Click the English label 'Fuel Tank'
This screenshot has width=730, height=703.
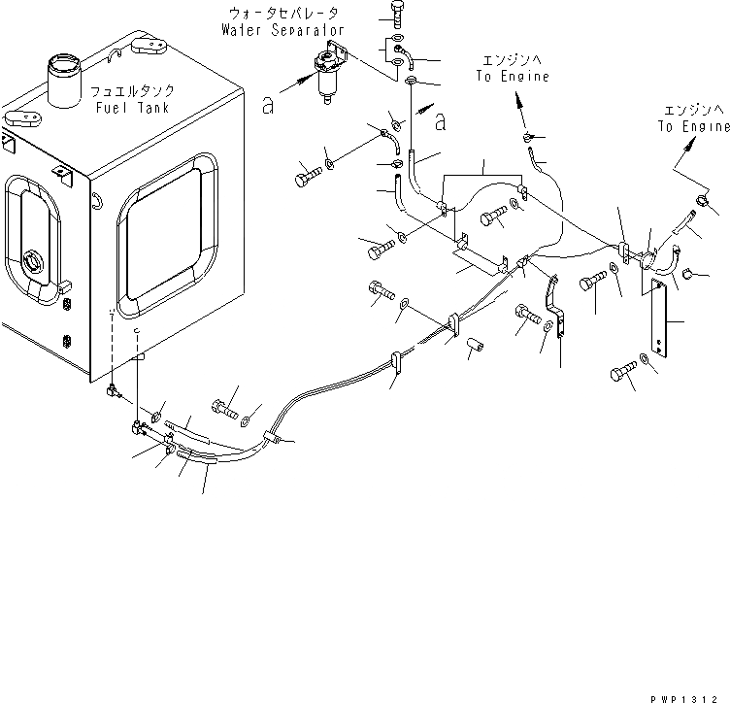point(132,106)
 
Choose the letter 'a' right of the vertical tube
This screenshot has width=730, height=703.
point(442,121)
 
